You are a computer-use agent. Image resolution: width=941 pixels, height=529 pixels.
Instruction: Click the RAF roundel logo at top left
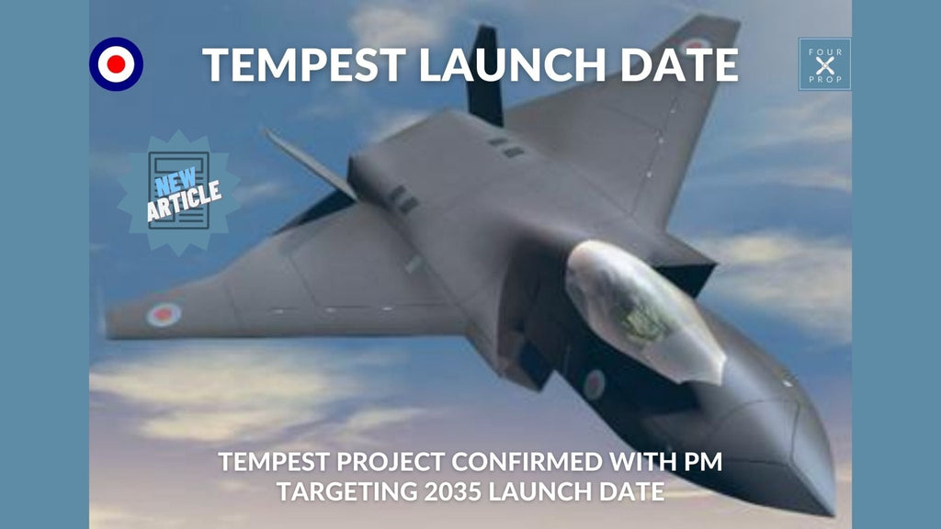[x=117, y=64]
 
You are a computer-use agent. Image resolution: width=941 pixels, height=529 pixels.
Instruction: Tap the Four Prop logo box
[x=824, y=64]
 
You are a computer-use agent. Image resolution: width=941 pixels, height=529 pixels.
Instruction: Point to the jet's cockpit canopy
[x=639, y=308]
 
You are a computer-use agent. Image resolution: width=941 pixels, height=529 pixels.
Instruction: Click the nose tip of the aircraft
[x=823, y=500]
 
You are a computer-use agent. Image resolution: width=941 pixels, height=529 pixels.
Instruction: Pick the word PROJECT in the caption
[x=363, y=461]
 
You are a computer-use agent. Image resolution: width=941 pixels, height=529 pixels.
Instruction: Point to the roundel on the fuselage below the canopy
[x=594, y=383]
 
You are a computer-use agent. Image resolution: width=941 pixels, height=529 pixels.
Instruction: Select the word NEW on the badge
[x=171, y=178]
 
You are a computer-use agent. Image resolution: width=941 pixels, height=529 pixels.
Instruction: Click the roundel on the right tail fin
[x=695, y=44]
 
